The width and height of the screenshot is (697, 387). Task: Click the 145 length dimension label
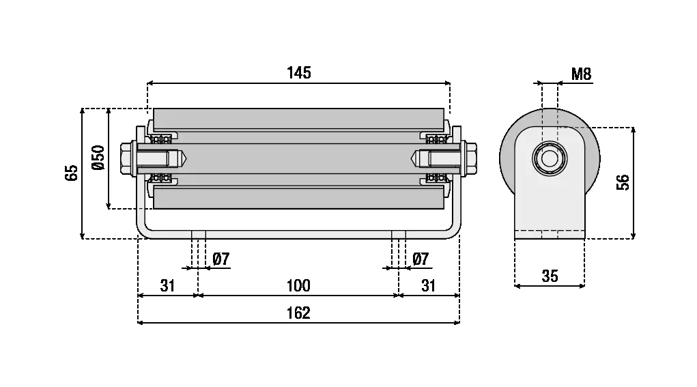299,72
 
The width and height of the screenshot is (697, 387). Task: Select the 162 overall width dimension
299,313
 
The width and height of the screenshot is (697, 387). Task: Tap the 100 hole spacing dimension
298,285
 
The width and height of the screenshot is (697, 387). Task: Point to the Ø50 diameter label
98,158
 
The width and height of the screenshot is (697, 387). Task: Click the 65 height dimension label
72,172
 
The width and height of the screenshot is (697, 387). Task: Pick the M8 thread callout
581,74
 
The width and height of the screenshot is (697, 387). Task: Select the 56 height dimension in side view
623,182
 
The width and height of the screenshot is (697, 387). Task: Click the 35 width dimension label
550,276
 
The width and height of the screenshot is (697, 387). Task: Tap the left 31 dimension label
168,285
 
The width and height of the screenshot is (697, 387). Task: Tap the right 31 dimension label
428,285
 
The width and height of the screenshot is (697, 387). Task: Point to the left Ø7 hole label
221,259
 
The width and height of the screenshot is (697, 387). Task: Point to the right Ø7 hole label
421,259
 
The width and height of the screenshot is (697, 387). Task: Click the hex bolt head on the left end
128,158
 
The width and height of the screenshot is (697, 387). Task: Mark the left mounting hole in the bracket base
199,235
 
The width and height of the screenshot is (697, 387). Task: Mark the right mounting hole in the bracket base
399,235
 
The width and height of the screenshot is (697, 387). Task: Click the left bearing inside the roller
161,139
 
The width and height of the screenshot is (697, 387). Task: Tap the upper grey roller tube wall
298,118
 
